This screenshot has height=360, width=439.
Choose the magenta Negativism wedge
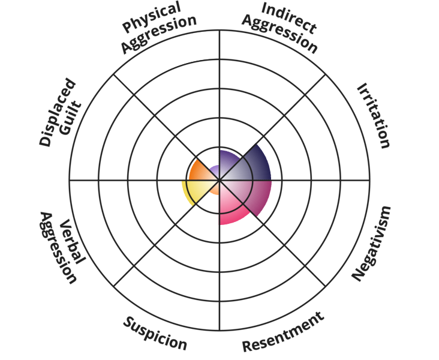tap(255, 193)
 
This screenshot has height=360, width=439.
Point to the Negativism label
tap(372, 243)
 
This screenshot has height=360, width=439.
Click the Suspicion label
tap(155, 332)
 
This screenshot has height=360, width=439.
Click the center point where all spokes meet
tap(220, 180)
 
